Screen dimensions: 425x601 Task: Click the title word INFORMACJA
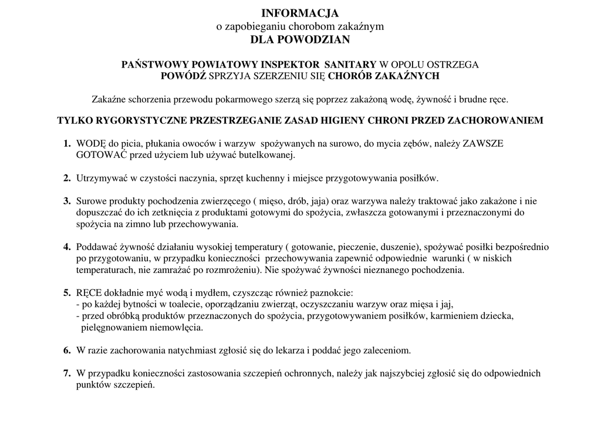pos(300,13)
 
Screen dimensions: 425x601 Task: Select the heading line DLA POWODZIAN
pos(300,40)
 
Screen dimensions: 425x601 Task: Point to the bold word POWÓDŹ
pos(184,76)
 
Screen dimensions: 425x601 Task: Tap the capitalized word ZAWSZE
pos(483,143)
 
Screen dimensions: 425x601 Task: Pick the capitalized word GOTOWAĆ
pos(98,156)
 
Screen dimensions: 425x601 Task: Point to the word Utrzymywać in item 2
pos(102,178)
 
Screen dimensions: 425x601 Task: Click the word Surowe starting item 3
pos(92,201)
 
